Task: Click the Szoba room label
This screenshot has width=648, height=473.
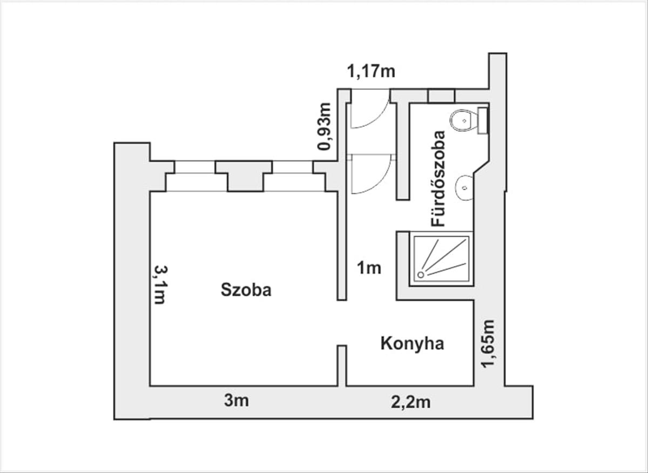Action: coord(246,290)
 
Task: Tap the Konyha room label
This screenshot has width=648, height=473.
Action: coord(412,344)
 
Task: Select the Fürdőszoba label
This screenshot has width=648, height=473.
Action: coord(437,179)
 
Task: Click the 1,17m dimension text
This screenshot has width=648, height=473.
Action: coord(371,71)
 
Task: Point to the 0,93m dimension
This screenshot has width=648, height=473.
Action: coord(323,126)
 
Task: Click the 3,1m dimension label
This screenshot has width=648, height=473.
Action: coord(160,285)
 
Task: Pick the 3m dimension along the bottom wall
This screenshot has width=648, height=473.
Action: coord(237,401)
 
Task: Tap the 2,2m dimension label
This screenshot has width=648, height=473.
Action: coord(410,402)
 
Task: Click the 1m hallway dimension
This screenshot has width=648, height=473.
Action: coord(369,268)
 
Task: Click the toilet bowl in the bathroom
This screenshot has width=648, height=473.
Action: coord(464,120)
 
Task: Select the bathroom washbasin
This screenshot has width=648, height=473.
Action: coord(464,188)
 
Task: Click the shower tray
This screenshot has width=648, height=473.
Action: coord(441,259)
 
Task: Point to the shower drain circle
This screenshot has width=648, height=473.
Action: coord(421,274)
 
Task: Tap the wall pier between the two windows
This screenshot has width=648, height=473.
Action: coord(245,176)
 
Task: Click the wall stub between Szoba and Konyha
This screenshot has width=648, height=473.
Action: coord(342,366)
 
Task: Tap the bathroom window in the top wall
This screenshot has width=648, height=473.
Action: coord(442,96)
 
